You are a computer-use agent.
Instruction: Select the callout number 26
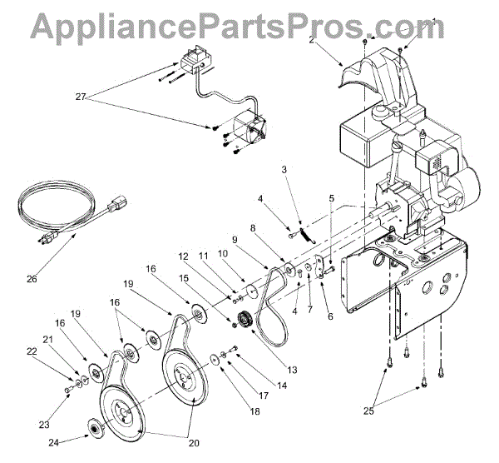32,278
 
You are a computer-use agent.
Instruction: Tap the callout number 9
235,240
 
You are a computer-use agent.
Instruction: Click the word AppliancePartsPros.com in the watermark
249,27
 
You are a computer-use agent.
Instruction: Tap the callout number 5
332,198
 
